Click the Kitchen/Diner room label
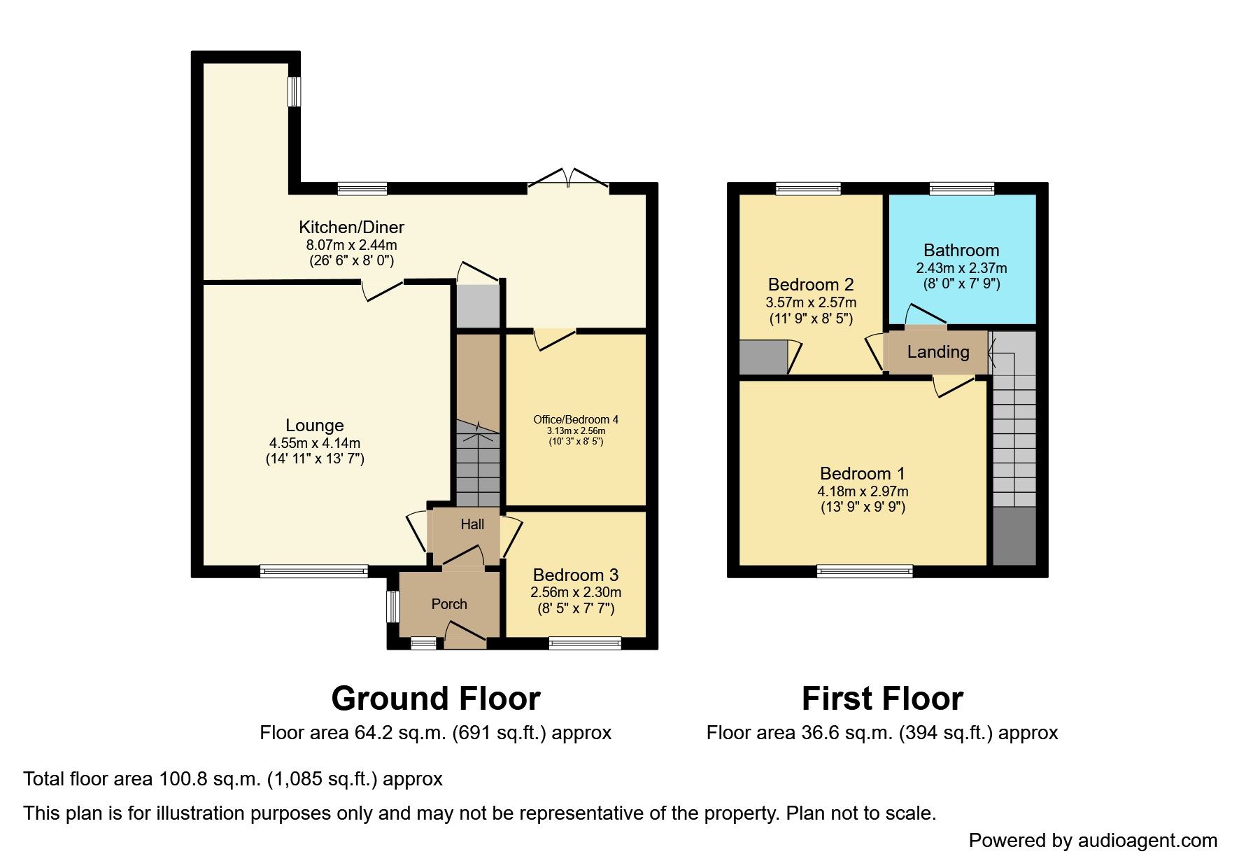(351, 227)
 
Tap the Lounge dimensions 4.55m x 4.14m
(314, 443)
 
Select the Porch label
(448, 604)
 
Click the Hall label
(472, 524)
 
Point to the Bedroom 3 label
(575, 575)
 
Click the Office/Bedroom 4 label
(575, 419)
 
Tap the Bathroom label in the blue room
(961, 250)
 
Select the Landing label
(937, 352)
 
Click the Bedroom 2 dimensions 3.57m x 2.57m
(810, 302)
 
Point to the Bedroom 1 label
(862, 473)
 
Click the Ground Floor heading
(435, 699)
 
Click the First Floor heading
(882, 699)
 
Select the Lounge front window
(313, 571)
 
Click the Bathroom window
(961, 188)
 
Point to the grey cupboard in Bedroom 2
(763, 357)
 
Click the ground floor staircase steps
(478, 465)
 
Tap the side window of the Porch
(393, 606)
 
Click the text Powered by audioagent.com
(1092, 841)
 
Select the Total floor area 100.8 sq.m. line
(232, 779)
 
